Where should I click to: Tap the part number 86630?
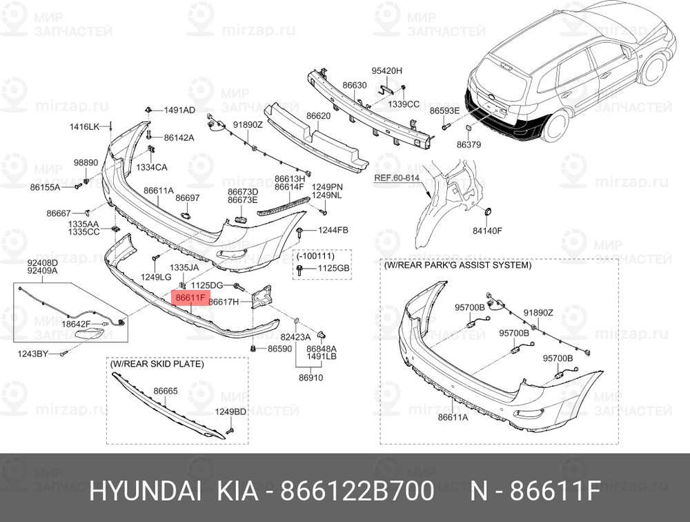click(355, 85)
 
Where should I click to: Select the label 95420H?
click(387, 71)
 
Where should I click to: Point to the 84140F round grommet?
click(488, 212)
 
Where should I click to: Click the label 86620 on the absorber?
click(319, 116)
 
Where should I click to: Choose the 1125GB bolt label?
click(334, 269)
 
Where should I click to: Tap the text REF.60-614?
click(397, 178)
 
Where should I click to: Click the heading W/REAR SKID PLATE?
click(157, 365)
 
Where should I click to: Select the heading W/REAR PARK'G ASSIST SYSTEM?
click(457, 265)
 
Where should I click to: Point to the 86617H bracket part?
click(262, 298)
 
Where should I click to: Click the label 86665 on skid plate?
click(166, 391)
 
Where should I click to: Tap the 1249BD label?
click(230, 412)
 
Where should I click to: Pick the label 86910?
click(310, 378)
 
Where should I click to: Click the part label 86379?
click(469, 144)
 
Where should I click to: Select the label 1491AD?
click(179, 110)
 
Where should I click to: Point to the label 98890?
click(86, 162)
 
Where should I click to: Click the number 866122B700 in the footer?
click(357, 491)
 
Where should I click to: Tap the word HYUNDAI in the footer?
click(146, 491)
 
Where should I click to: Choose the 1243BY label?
click(33, 354)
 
